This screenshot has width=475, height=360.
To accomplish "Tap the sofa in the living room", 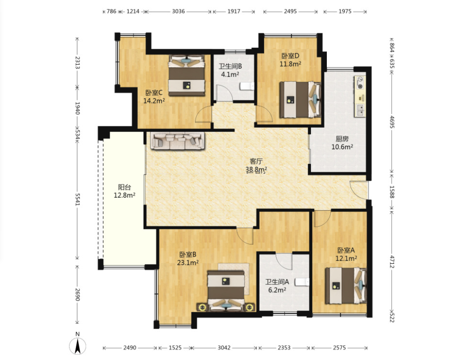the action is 178,141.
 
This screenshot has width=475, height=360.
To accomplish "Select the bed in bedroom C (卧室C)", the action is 187,75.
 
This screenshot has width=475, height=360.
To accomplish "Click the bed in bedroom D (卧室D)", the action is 300,100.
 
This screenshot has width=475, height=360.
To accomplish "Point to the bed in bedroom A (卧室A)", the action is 346,285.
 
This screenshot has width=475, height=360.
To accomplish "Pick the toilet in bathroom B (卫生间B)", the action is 247,86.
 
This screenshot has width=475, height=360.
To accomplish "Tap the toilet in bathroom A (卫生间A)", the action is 302,282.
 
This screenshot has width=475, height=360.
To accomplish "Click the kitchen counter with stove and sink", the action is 360,96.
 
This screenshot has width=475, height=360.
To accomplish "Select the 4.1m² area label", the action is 230,74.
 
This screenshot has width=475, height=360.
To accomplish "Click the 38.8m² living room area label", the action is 256,169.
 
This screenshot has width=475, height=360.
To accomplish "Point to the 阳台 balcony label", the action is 124,187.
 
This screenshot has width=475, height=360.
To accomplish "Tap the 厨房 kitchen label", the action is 342,139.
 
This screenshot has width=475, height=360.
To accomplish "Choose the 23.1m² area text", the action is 188,262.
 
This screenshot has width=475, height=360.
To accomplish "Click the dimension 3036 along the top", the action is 178,11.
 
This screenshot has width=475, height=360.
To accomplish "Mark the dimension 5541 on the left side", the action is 77,199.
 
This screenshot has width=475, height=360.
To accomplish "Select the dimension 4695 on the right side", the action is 392,122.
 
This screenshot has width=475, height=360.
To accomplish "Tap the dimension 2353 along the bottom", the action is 284,348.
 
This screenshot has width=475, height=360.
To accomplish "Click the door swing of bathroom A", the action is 284,261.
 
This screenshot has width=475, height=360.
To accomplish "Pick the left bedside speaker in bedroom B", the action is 202,307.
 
